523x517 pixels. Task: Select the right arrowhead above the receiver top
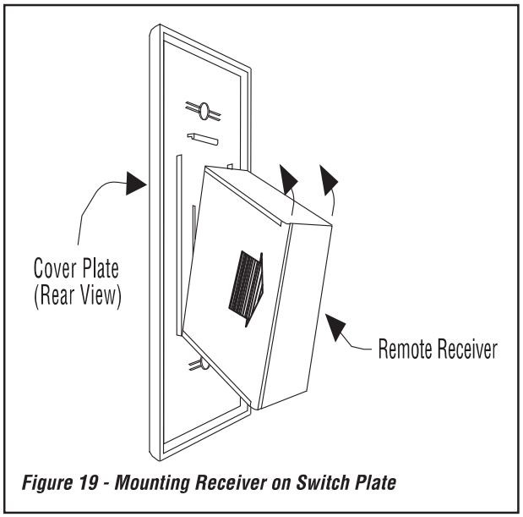tap(328, 181)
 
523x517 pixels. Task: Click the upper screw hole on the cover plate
tap(204, 110)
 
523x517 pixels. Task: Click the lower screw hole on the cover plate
tap(196, 364)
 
